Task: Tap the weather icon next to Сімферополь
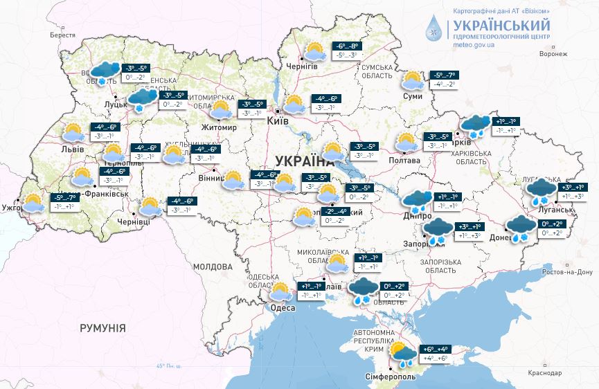[402, 354]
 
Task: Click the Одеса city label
[283, 308]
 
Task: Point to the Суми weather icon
[413, 80]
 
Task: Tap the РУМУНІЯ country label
[102, 327]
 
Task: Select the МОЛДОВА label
[213, 266]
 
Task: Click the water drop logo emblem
[434, 28]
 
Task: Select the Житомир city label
[218, 128]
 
